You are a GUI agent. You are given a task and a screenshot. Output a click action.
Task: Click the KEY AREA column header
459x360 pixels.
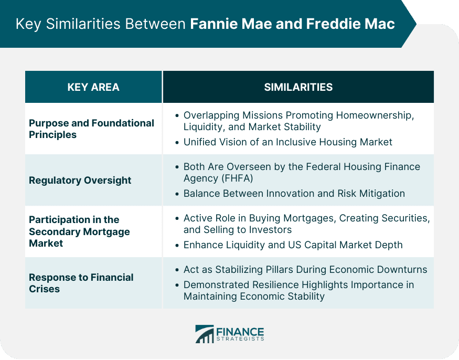coord(93,87)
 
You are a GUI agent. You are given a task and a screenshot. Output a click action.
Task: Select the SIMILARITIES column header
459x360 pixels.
coord(298,87)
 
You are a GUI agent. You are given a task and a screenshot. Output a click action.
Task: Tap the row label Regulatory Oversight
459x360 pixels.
coord(80,180)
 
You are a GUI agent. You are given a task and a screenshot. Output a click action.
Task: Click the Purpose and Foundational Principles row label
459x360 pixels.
coord(91,129)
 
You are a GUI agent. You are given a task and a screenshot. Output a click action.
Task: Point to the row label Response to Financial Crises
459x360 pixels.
coord(81,283)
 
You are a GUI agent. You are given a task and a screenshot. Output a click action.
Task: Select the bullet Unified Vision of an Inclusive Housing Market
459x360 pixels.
coord(287,142)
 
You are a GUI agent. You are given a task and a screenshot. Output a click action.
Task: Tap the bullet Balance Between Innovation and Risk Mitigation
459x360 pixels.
coord(294,194)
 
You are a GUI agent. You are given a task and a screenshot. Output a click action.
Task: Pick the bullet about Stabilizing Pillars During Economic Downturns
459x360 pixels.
coord(305,270)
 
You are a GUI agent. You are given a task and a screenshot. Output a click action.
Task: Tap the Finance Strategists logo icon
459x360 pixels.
coord(204,334)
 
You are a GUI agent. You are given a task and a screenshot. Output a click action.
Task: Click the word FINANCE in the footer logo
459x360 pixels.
coord(240,331)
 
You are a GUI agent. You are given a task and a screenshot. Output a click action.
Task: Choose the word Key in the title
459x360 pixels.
coord(27,24)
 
